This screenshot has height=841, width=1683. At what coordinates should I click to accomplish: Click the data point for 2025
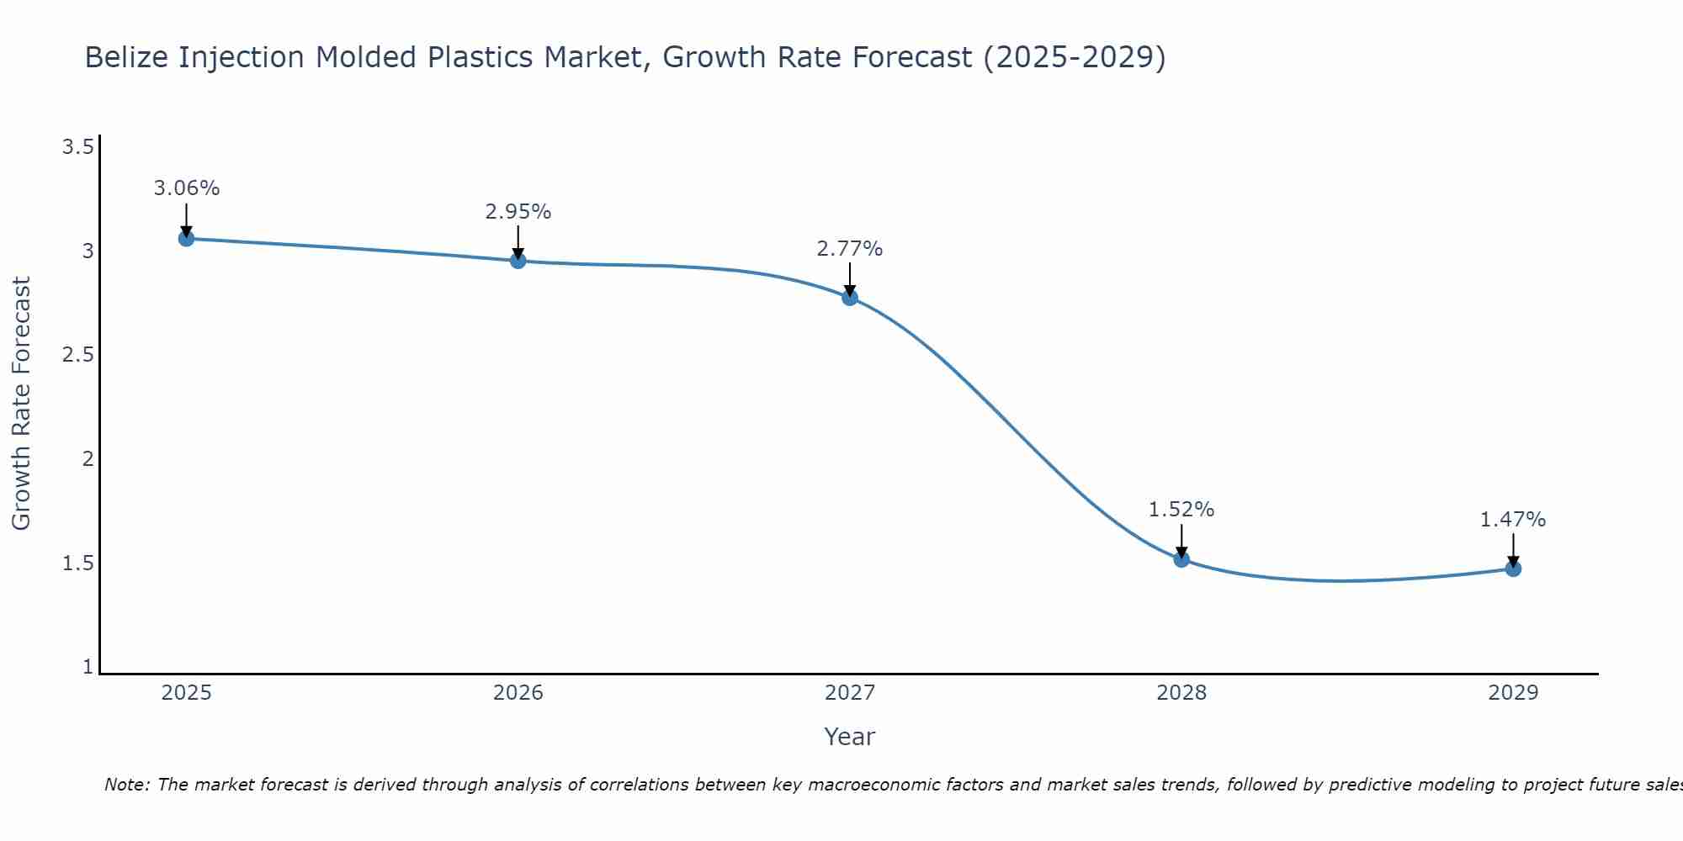click(x=186, y=239)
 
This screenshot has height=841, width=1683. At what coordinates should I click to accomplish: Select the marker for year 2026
click(x=518, y=261)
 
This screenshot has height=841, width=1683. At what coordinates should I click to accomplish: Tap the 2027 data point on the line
click(x=850, y=297)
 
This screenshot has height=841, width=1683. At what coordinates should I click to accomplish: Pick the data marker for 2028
click(x=1181, y=559)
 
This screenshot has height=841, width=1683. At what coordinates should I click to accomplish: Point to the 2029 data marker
click(x=1513, y=569)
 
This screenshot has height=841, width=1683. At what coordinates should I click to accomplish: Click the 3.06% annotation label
click(x=186, y=188)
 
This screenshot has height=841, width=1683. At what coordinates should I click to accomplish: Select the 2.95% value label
click(x=518, y=212)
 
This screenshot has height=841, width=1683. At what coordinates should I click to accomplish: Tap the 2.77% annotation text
click(x=850, y=249)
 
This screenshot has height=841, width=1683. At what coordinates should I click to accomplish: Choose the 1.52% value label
click(x=1181, y=510)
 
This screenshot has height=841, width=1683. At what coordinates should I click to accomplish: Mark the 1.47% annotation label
click(x=1513, y=520)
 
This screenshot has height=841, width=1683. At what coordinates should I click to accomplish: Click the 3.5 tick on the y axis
click(x=77, y=148)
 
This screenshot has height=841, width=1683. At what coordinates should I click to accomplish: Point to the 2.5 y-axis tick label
click(x=77, y=356)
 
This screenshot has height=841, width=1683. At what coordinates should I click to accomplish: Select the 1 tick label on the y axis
click(x=88, y=667)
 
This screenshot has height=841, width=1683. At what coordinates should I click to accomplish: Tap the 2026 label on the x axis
click(x=518, y=693)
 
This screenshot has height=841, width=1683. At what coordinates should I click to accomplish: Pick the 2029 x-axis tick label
click(x=1513, y=693)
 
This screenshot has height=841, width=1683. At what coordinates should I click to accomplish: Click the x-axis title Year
click(x=850, y=737)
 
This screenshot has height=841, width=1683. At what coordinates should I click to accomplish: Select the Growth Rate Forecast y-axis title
click(x=22, y=404)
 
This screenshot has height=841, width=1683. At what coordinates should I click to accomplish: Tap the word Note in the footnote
click(x=126, y=785)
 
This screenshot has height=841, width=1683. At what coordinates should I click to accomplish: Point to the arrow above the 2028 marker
click(x=1181, y=540)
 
